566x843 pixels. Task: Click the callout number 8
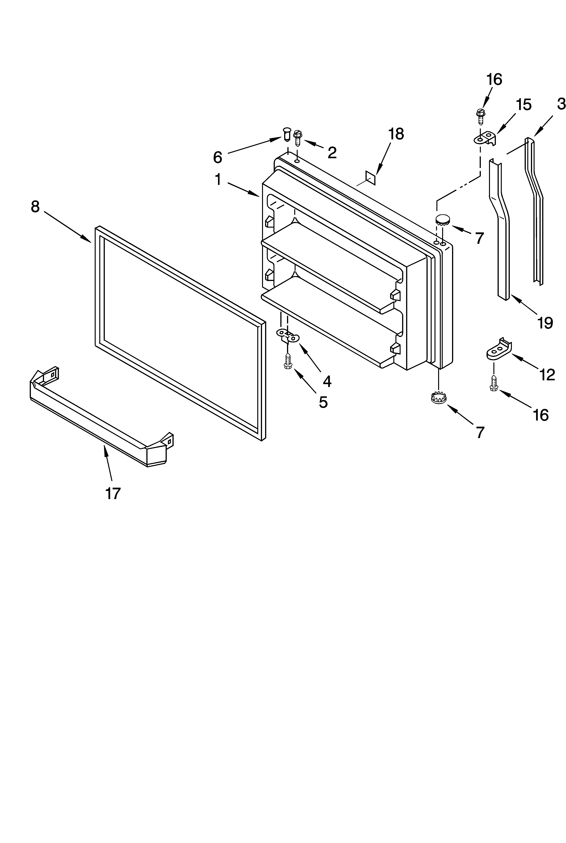(x=35, y=207)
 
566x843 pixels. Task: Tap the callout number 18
(x=396, y=134)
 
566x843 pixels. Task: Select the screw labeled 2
(x=298, y=138)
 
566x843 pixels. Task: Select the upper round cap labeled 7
(x=443, y=219)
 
